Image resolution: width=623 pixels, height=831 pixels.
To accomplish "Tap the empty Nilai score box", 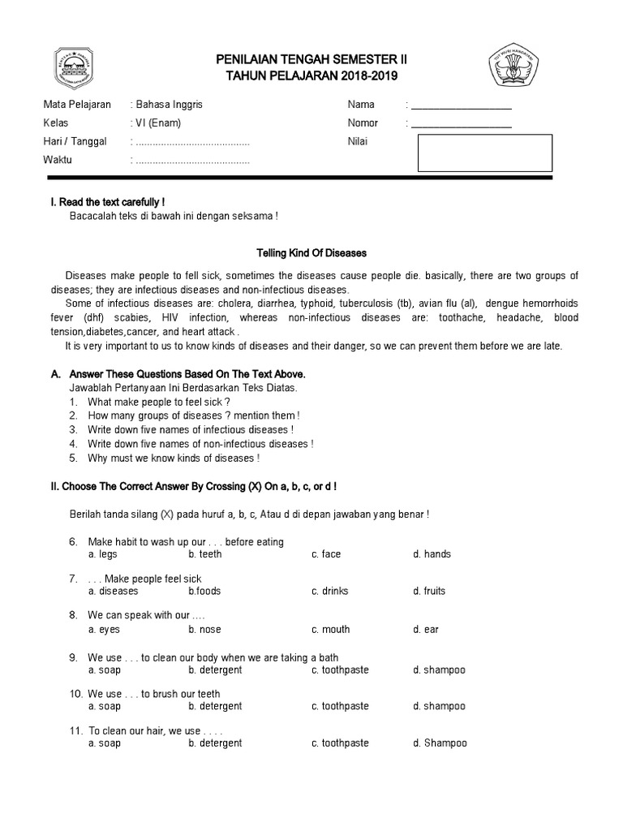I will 484,153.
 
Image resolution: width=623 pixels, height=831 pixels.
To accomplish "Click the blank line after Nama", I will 462,105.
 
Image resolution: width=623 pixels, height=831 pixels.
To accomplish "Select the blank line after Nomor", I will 462,124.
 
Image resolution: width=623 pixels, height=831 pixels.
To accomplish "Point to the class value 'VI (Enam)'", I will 158,123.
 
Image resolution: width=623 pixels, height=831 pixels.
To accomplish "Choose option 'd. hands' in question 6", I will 432,554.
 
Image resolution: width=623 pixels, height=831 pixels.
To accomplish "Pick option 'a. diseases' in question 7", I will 114,592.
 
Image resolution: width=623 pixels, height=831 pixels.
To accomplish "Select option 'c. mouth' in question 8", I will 330,630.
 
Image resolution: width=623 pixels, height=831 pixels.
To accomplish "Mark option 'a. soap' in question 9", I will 105,670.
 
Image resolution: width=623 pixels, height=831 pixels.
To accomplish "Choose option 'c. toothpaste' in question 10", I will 340,707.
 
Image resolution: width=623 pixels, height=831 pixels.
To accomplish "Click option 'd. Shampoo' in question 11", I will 440,743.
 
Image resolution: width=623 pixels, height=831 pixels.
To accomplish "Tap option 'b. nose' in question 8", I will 204,630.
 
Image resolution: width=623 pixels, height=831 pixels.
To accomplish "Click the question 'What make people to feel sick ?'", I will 159,402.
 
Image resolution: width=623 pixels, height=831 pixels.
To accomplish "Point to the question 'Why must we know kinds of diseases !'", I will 174,459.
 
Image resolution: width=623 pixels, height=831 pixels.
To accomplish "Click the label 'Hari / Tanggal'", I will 75,142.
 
